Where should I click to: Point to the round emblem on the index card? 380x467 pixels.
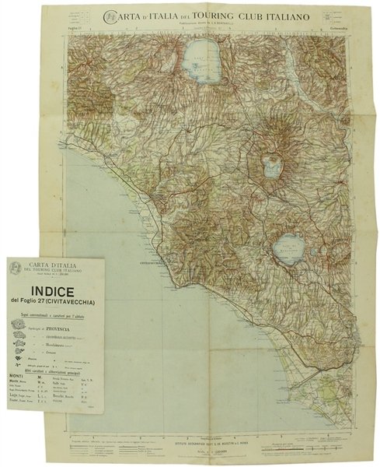pos(16,269)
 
